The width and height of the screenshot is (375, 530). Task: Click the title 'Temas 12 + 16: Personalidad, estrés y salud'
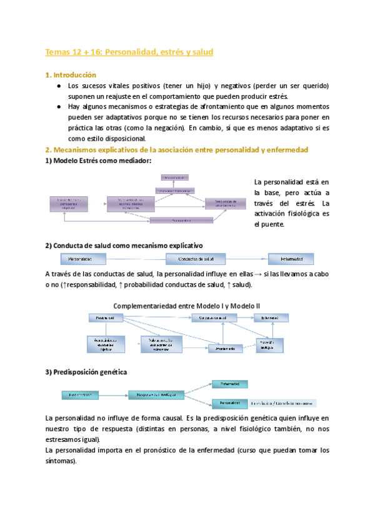click(130, 52)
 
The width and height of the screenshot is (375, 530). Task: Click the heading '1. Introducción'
click(71, 75)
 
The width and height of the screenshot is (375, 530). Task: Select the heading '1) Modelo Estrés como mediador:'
click(98, 161)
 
